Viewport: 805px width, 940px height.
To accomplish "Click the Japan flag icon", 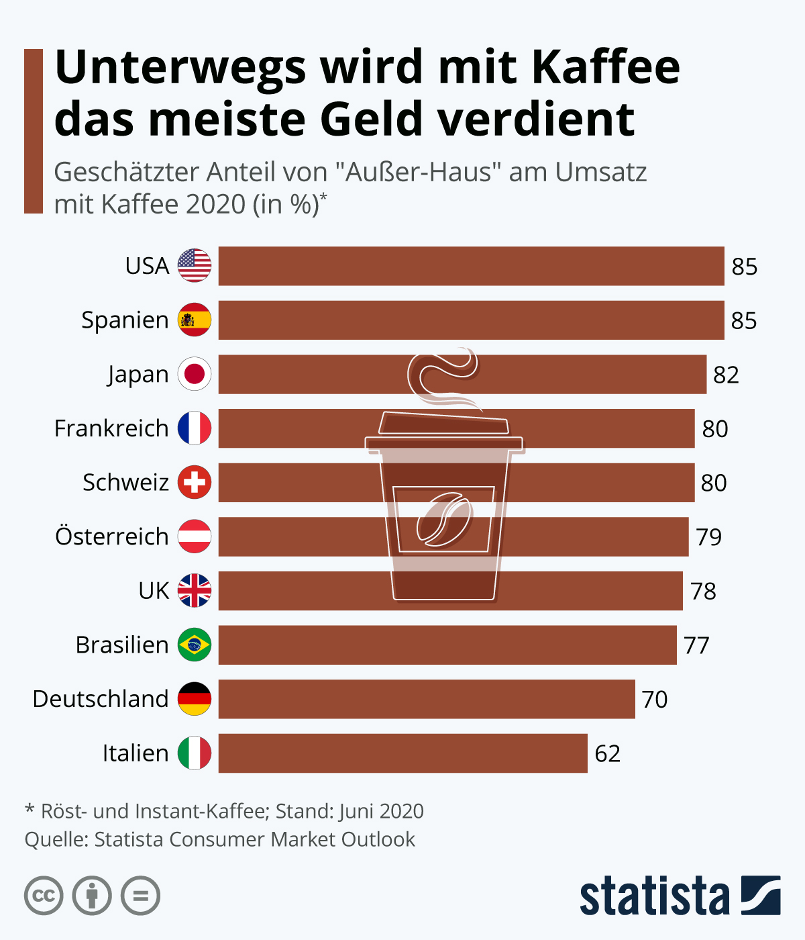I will click(x=195, y=374).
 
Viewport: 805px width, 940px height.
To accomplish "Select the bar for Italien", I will click(x=402, y=753).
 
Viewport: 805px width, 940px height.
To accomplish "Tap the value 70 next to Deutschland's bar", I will click(x=655, y=699).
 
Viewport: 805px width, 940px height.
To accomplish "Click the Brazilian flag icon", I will click(x=195, y=645).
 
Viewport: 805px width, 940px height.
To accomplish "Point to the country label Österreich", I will click(x=111, y=536).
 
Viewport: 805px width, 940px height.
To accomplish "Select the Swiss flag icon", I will click(x=195, y=482).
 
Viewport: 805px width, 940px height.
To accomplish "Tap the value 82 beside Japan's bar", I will click(x=726, y=375).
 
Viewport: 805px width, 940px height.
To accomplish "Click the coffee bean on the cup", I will click(x=443, y=518).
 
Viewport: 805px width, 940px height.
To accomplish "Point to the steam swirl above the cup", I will click(x=443, y=376).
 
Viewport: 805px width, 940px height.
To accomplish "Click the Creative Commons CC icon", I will click(x=44, y=896).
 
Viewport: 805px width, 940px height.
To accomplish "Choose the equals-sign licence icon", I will click(x=141, y=896).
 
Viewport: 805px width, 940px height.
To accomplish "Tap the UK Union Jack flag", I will click(x=195, y=590).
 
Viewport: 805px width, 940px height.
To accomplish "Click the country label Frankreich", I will click(x=111, y=428).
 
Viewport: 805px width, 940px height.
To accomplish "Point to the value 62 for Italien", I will click(x=608, y=753).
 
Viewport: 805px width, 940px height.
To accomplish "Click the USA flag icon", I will click(x=195, y=265).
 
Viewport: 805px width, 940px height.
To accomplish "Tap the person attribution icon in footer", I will click(x=92, y=896).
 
